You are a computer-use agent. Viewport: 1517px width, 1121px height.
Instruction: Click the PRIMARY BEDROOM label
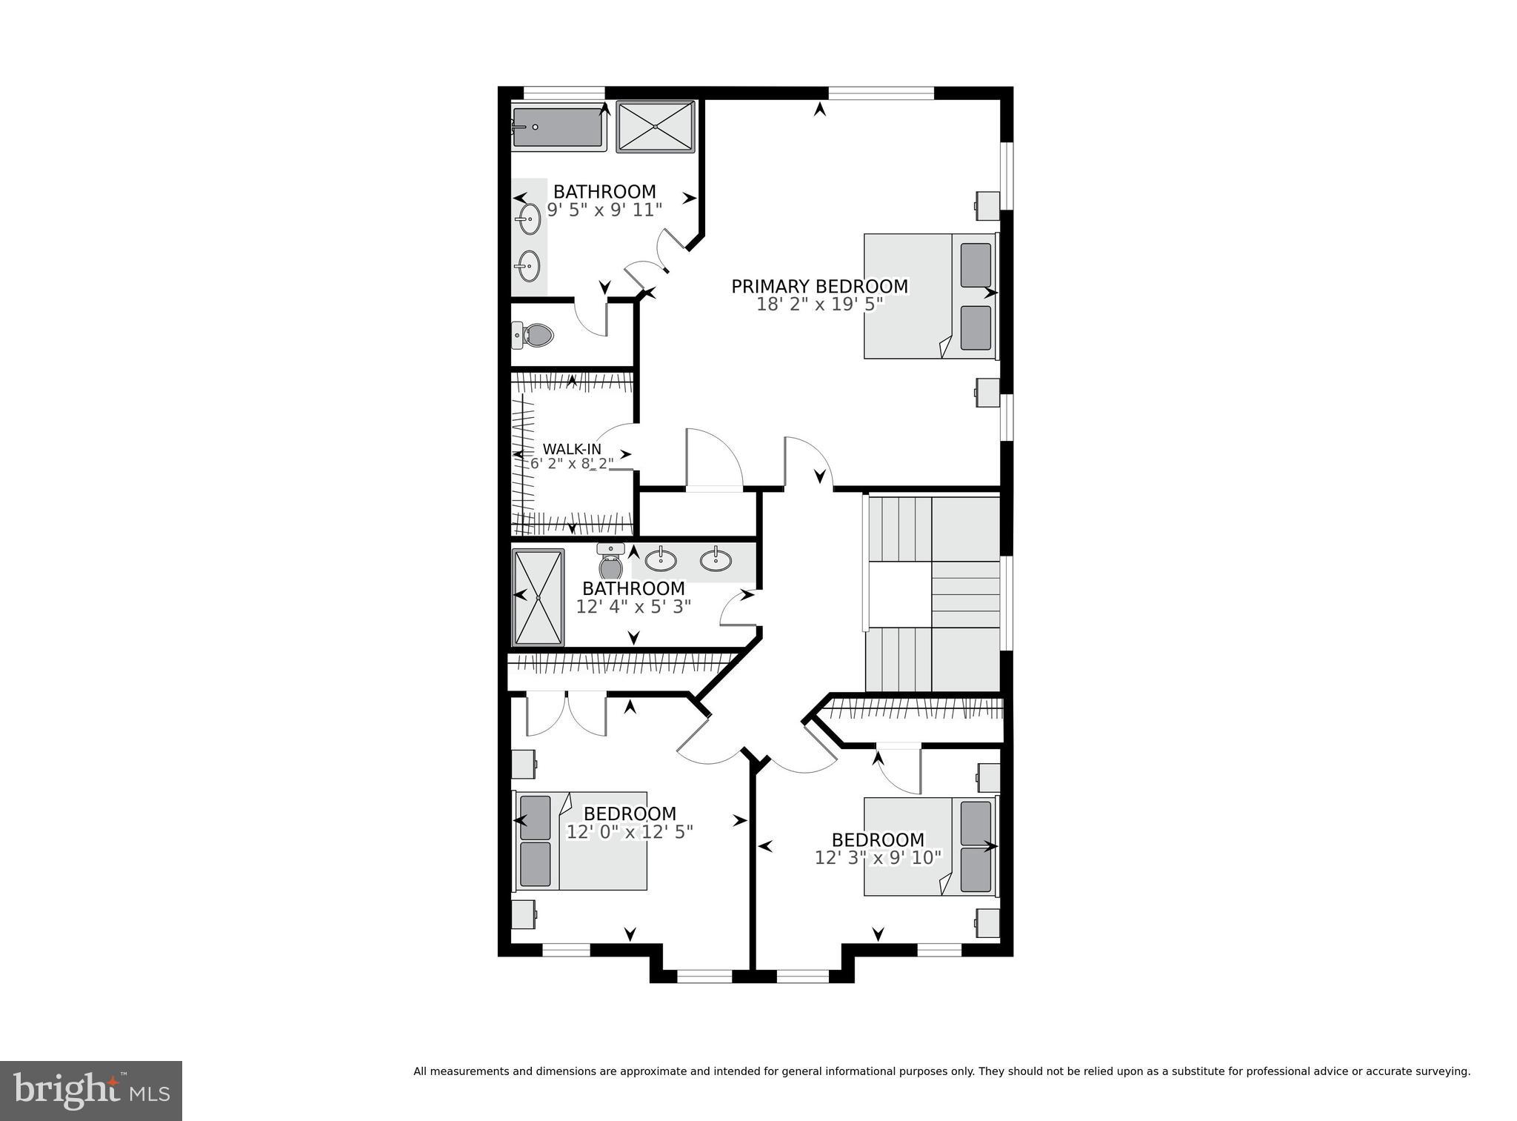(x=819, y=286)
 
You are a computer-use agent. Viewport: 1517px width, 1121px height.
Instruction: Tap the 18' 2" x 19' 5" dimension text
(x=819, y=305)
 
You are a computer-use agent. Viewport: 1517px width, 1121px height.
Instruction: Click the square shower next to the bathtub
(x=656, y=127)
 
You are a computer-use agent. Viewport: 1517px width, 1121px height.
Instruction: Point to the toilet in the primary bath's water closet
(x=535, y=336)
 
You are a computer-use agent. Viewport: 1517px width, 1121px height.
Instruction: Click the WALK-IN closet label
(x=572, y=449)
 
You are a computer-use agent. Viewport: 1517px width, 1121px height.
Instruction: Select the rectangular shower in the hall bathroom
(x=539, y=596)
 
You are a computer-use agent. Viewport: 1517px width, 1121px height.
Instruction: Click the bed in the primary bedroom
(x=930, y=296)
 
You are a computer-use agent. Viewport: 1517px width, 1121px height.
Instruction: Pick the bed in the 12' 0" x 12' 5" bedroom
(x=581, y=841)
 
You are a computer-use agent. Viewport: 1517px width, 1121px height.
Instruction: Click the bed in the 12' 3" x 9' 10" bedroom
(x=930, y=846)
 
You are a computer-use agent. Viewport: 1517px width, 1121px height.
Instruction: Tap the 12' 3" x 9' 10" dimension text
(x=878, y=858)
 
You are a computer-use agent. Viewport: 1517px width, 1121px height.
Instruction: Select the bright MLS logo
(x=91, y=1091)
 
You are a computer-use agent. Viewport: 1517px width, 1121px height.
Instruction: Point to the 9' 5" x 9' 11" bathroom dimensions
(x=604, y=210)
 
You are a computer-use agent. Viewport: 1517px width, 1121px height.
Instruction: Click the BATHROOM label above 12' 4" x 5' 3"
(x=633, y=588)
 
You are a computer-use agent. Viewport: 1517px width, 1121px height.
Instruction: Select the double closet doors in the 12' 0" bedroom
(x=567, y=713)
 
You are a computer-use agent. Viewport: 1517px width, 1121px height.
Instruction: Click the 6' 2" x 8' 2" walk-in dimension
(x=572, y=464)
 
